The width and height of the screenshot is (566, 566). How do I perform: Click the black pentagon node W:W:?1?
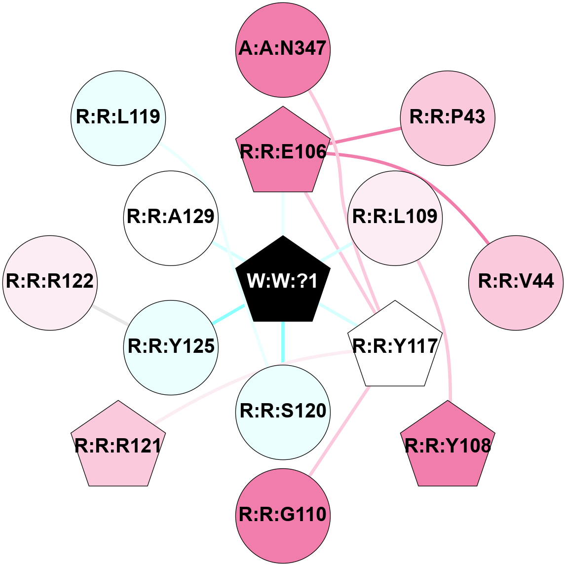283,281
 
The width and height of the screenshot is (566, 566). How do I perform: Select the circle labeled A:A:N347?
283,48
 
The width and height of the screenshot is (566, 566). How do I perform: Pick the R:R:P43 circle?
448,117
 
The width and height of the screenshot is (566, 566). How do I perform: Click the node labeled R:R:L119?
118,117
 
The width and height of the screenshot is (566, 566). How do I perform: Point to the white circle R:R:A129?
171,217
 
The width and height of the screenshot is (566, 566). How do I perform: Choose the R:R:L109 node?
395,217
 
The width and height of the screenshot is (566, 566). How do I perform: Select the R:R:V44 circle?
516,281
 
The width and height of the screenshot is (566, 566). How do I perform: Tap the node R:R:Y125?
171,346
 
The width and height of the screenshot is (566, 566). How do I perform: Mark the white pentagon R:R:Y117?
395,345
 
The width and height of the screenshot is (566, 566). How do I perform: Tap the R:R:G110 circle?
283,515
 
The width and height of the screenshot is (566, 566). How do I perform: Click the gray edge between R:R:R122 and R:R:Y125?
111,314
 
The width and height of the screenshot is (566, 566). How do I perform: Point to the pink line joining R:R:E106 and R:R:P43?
365,135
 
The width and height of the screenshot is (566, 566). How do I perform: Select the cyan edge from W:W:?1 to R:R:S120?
283,343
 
